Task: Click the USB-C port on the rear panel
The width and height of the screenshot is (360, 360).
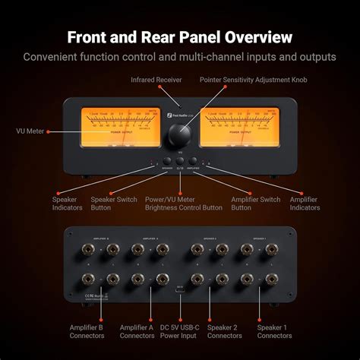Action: [179, 289]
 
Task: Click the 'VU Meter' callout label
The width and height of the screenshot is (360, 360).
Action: [30, 131]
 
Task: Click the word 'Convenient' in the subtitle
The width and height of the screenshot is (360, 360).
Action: [52, 56]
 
